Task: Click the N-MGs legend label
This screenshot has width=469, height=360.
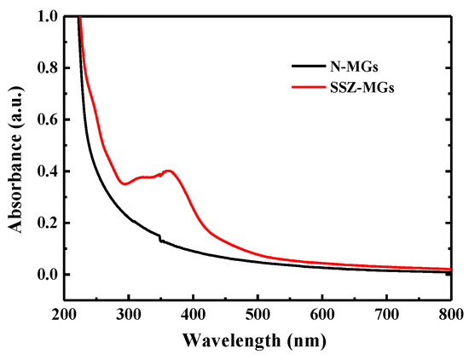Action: pyautogui.click(x=354, y=67)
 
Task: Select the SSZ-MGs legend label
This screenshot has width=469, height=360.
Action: pyautogui.click(x=362, y=88)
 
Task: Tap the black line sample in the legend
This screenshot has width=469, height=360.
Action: pyautogui.click(x=309, y=67)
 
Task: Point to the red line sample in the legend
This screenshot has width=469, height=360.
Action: pyautogui.click(x=309, y=87)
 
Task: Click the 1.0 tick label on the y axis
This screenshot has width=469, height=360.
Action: pyautogui.click(x=48, y=16)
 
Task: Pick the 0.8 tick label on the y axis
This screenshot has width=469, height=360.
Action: pyautogui.click(x=48, y=68)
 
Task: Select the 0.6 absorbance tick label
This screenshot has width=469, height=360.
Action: pyautogui.click(x=48, y=119)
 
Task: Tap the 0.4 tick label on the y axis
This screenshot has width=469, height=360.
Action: pyautogui.click(x=48, y=171)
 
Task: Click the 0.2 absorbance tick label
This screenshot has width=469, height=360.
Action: pyautogui.click(x=48, y=224)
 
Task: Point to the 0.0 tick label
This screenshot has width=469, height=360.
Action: pyautogui.click(x=48, y=275)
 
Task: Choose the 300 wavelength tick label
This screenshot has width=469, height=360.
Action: pyautogui.click(x=129, y=315)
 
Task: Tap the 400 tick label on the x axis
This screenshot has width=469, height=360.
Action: pyautogui.click(x=194, y=315)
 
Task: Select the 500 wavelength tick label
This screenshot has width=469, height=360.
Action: pyautogui.click(x=258, y=315)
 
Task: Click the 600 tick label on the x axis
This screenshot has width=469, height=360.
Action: pyautogui.click(x=322, y=315)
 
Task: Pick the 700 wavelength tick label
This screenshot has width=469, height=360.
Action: pyautogui.click(x=387, y=315)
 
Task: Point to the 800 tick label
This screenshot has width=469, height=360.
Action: pyautogui.click(x=451, y=315)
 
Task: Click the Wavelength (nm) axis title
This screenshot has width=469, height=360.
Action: pyautogui.click(x=254, y=340)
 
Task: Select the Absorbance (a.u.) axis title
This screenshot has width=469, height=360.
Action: pyautogui.click(x=15, y=160)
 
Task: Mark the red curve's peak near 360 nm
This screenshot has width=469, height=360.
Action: pyautogui.click(x=169, y=171)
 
